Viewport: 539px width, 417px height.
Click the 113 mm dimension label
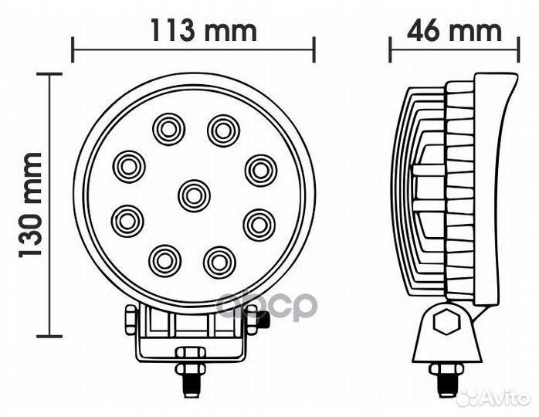tap(204, 30)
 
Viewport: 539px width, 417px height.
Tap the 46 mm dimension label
tap(454, 30)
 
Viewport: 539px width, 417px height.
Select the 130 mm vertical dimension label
tap(30, 205)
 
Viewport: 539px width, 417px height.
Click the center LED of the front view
tap(195, 195)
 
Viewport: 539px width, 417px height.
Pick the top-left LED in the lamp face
tap(169, 130)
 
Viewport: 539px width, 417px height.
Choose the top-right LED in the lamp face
tap(223, 131)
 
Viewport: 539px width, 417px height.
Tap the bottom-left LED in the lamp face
tap(164, 261)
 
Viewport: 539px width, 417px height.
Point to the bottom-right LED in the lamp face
tap(219, 263)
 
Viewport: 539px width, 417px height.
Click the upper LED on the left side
tap(128, 167)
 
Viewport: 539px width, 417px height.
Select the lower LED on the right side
tap(259, 225)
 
